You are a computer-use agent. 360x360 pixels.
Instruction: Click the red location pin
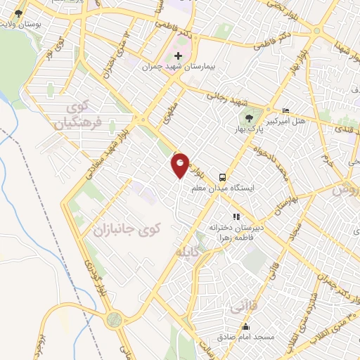point(181,165)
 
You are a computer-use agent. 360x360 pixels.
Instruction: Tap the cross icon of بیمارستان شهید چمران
point(178,56)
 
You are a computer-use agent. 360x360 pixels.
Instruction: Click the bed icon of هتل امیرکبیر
point(285,112)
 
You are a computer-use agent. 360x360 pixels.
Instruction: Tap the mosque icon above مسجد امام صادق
point(245,327)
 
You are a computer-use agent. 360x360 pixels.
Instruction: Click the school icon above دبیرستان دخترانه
point(236,217)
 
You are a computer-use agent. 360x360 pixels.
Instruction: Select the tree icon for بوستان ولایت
point(18,13)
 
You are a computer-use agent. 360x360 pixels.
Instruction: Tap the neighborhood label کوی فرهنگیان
point(79,115)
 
